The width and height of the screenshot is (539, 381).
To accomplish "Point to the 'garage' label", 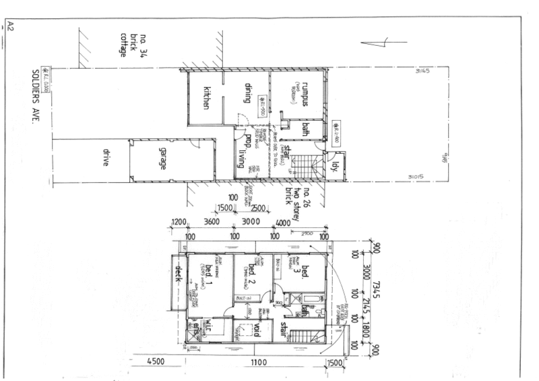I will point(162,158).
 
